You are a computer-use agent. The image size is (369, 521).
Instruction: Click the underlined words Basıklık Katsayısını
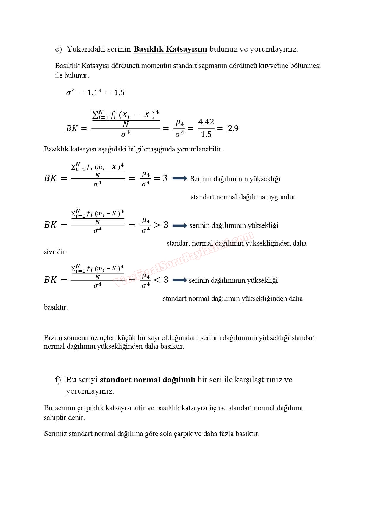point(170,49)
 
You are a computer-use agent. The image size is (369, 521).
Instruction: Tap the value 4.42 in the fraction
point(206,122)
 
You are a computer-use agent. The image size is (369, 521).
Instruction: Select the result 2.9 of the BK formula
point(233,128)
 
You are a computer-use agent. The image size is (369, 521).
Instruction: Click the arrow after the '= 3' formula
point(180,178)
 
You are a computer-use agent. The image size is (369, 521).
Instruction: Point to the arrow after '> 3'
point(180,225)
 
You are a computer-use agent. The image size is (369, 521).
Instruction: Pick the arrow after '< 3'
point(180,280)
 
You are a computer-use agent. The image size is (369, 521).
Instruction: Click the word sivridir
point(55,252)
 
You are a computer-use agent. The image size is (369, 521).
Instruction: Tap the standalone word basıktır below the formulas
point(56,307)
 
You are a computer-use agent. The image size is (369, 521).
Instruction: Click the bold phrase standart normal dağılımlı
point(148,380)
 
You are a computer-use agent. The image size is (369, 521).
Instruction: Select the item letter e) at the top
point(58,49)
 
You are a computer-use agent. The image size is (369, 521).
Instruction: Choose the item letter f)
point(58,380)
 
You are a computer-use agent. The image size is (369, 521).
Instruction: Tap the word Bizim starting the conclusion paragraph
point(53,338)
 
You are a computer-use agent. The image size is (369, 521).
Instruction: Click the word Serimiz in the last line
point(55,434)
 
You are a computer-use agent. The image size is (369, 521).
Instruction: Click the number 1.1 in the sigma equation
point(93,93)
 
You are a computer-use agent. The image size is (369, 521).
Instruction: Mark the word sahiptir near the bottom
point(55,418)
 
